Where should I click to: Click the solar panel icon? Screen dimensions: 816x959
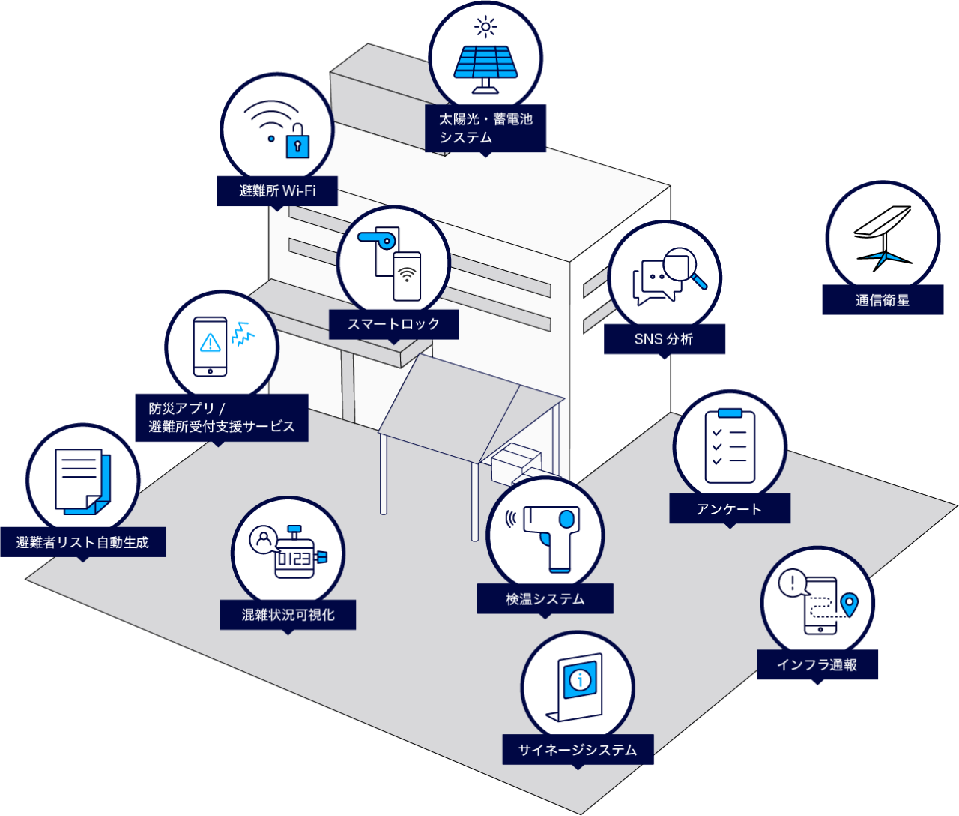coord(485,64)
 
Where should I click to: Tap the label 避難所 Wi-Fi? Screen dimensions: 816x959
coord(277,191)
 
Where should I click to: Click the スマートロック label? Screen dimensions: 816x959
coord(393,325)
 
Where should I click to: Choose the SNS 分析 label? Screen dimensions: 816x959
coord(664,339)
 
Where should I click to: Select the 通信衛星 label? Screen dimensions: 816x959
coord(883,301)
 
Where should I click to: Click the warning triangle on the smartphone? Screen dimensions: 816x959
coord(211,343)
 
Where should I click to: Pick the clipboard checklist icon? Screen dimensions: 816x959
coord(730,445)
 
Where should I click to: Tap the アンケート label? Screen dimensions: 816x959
coord(729,509)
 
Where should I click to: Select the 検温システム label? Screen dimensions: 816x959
coord(545,599)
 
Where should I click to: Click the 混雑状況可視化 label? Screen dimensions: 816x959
coord(288,615)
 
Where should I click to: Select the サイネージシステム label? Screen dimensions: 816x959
coord(578,750)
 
